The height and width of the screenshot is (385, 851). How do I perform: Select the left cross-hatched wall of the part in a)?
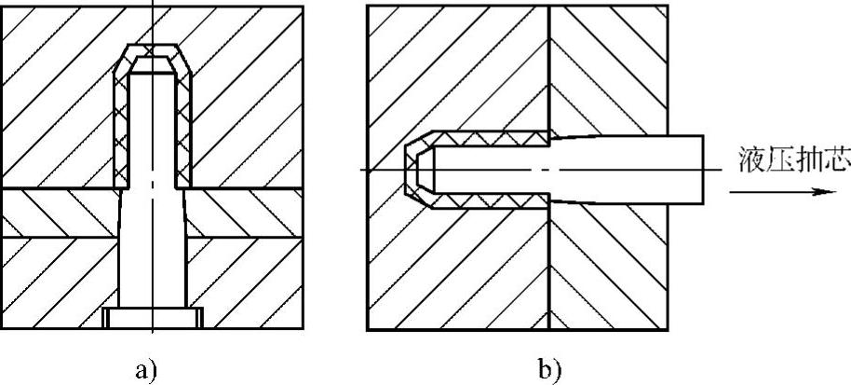point(120,131)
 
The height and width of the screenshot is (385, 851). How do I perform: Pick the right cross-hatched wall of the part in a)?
point(185,131)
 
